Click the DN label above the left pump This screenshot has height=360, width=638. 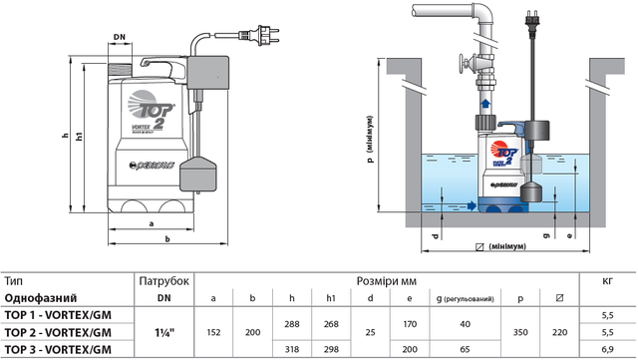click(x=120, y=37)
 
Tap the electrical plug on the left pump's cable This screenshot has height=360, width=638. click(x=259, y=36)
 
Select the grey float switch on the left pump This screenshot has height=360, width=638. click(x=197, y=174)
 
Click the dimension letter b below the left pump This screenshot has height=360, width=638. click(x=167, y=239)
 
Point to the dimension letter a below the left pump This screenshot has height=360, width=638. click(x=152, y=224)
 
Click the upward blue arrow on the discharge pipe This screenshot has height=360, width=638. click(x=485, y=103)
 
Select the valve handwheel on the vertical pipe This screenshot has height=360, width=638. click(x=463, y=64)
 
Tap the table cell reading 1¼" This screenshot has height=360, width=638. click(x=163, y=332)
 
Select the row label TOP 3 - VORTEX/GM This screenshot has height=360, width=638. click(x=58, y=349)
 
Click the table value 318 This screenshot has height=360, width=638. click(x=292, y=349)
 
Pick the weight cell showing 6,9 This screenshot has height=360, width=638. click(x=607, y=349)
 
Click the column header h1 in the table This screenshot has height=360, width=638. click(x=331, y=298)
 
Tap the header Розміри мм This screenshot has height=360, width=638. click(x=386, y=281)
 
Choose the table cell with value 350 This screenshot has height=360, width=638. click(x=520, y=332)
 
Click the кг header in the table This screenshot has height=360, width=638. click(x=607, y=280)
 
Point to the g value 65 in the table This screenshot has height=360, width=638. click(x=465, y=349)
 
